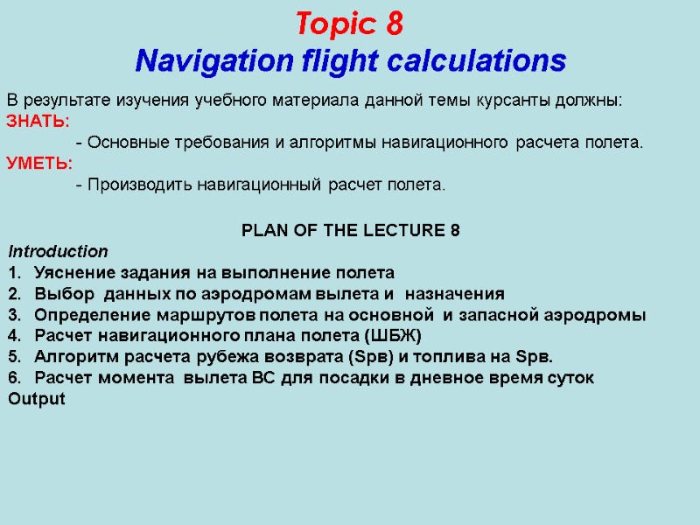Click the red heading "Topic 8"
[349, 24]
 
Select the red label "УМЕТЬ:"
[40, 164]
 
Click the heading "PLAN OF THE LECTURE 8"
[350, 231]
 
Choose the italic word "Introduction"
[58, 251]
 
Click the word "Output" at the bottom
[36, 399]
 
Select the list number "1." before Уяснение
[13, 272]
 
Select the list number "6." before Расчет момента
[13, 378]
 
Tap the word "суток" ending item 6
[570, 378]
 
